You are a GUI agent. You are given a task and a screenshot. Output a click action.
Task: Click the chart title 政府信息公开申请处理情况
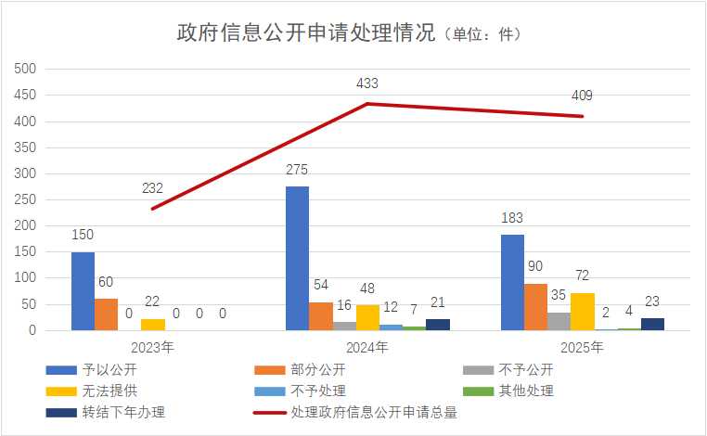tap(305, 33)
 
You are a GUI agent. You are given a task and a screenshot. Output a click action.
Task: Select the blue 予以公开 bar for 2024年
tap(297, 258)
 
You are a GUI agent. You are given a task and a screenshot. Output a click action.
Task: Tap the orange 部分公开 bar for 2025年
tap(535, 306)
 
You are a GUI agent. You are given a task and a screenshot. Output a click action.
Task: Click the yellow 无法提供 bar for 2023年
tap(153, 324)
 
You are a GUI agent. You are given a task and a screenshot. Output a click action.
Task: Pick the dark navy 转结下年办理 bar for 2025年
tap(652, 324)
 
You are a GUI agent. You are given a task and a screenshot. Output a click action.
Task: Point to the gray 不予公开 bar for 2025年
tap(559, 320)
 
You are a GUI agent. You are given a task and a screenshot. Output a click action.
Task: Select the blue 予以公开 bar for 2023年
tap(83, 290)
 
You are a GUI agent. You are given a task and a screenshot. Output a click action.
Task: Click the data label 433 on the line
tap(367, 83)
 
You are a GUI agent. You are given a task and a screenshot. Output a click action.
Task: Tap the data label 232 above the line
tap(153, 188)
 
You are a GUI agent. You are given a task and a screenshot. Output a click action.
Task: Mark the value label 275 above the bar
tap(297, 170)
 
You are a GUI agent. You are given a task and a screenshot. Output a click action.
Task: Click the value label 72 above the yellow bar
tap(582, 276)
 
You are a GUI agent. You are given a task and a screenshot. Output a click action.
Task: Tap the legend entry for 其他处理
tap(525, 391)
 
